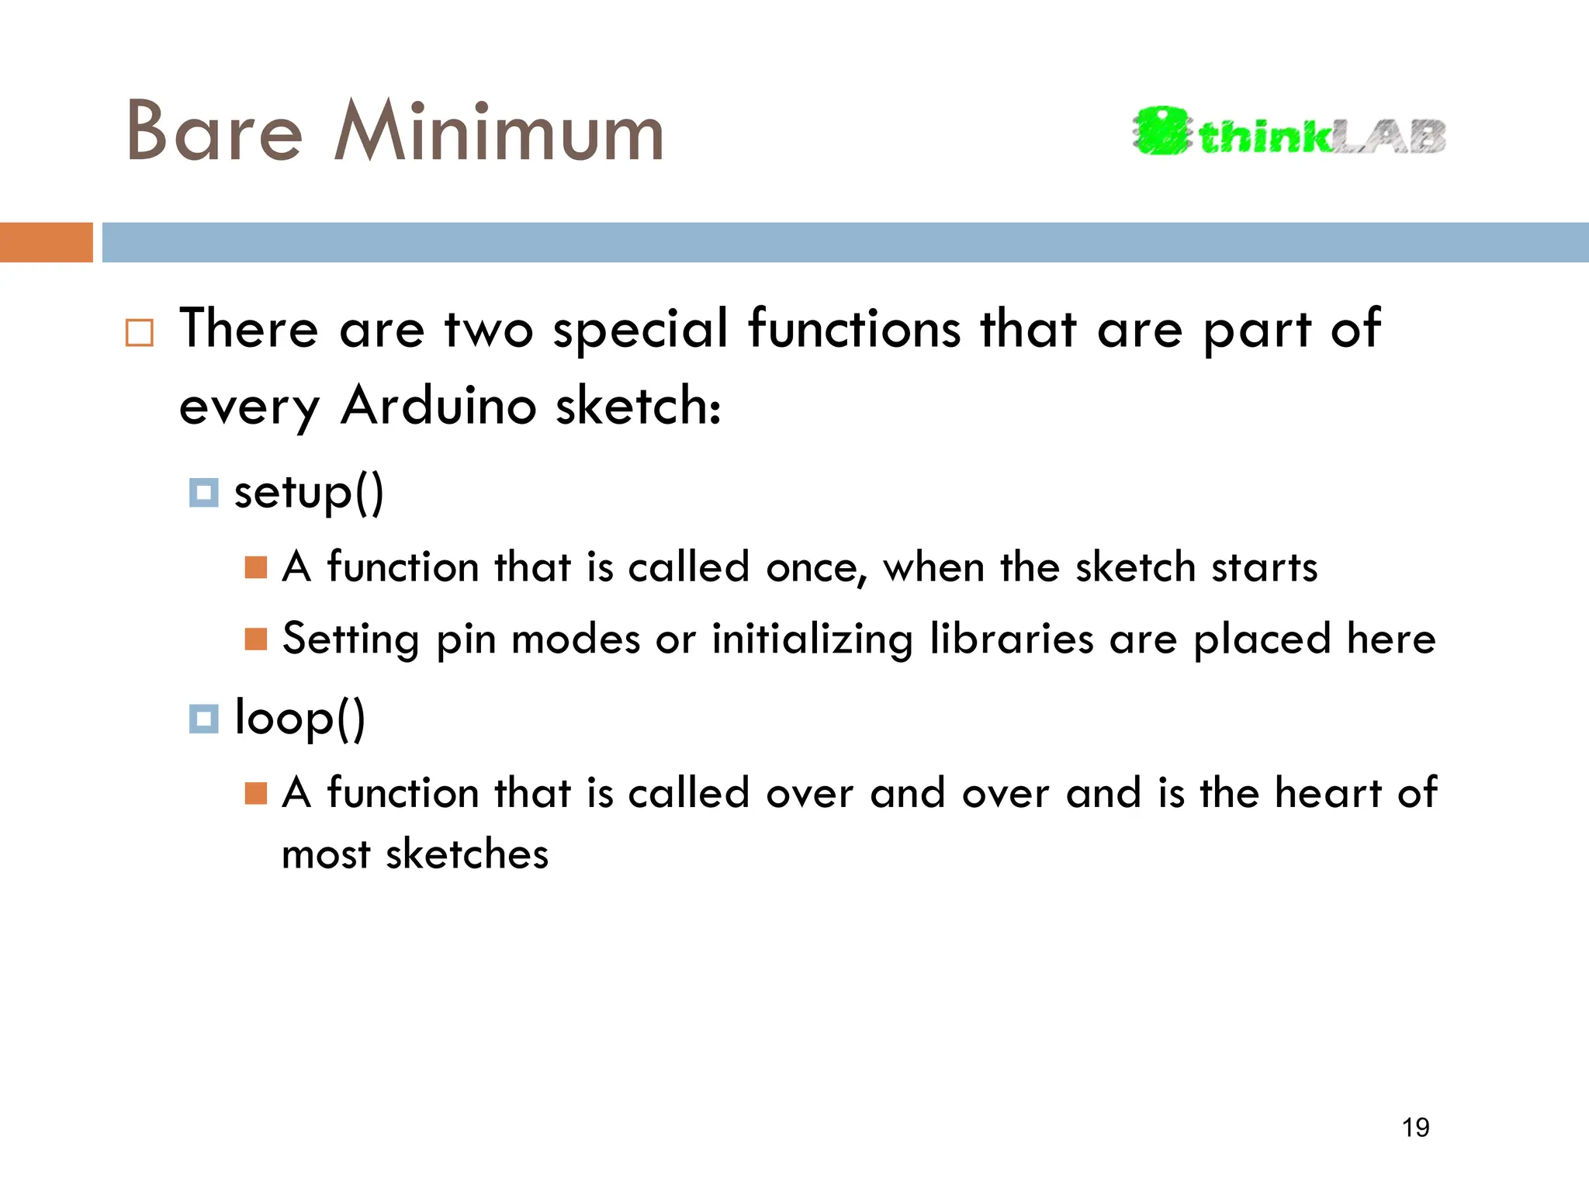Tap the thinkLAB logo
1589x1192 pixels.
click(1289, 132)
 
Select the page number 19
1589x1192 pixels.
click(1415, 1127)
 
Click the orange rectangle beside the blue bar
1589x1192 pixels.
click(46, 242)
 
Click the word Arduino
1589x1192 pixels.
click(438, 405)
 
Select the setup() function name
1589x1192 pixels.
click(309, 492)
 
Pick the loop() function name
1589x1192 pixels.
click(299, 718)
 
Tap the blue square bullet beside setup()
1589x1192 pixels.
click(203, 493)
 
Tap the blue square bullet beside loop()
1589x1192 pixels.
click(203, 719)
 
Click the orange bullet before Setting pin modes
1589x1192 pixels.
click(255, 639)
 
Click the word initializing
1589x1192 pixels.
click(812, 640)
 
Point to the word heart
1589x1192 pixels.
click(1328, 793)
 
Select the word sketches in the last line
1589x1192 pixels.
click(467, 854)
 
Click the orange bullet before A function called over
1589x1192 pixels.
click(255, 793)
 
